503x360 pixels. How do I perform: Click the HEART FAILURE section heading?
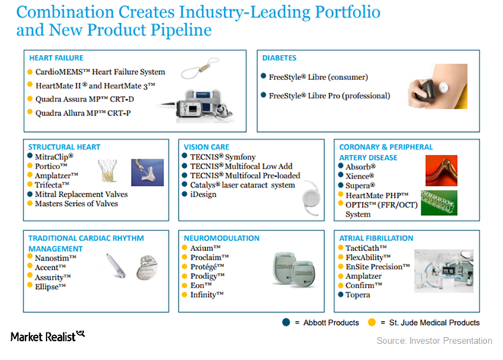pos(56,58)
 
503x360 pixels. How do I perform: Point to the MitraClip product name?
pos(52,157)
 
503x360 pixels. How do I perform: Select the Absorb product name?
pos(360,166)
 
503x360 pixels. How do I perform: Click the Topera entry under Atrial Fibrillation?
pos(360,294)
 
